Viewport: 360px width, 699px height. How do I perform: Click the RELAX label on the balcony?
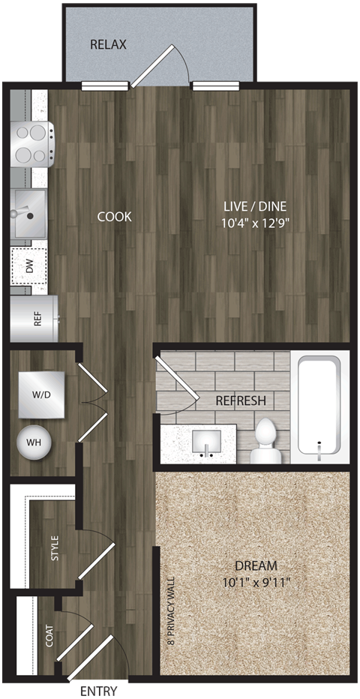[108, 45]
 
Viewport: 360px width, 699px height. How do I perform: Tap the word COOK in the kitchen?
[114, 217]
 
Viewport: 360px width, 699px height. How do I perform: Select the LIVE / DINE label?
[256, 206]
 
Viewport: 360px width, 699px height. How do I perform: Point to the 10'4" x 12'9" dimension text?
[256, 223]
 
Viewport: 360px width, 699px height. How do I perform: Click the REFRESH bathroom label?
[240, 400]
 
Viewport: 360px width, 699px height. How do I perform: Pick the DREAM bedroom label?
[255, 565]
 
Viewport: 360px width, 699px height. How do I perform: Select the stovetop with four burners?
[31, 144]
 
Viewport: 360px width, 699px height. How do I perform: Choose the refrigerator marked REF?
[33, 318]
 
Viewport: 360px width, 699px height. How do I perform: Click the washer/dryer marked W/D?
[42, 394]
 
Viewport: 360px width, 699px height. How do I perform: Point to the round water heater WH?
[34, 442]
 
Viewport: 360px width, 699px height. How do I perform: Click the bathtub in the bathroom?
[319, 405]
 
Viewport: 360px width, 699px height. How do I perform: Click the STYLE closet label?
[54, 548]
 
